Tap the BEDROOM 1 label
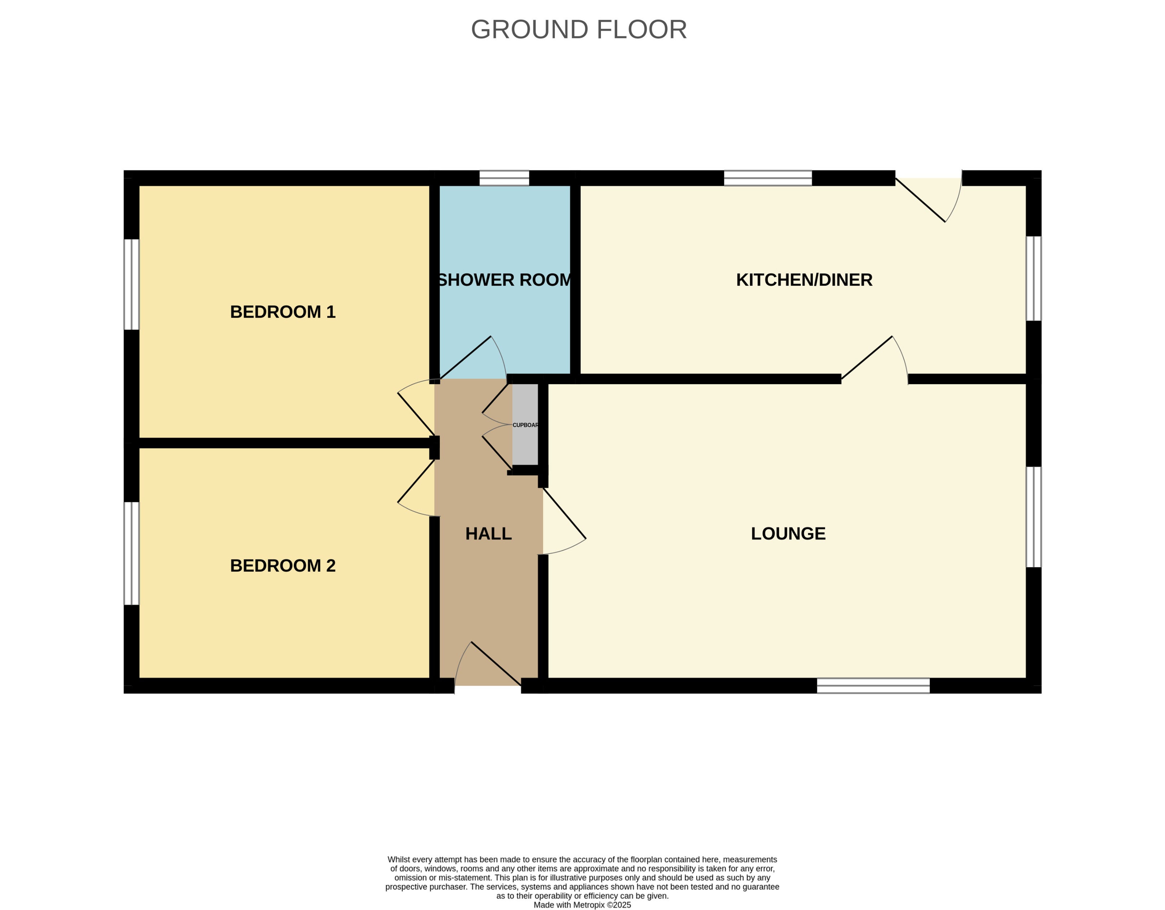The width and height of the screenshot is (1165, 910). (x=283, y=312)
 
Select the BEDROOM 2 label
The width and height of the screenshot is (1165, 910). (x=283, y=565)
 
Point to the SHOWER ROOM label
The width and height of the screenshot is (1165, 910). (x=504, y=280)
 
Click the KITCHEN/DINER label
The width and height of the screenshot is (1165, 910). (x=804, y=280)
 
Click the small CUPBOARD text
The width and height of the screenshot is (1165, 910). (x=525, y=425)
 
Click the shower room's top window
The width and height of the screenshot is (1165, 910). (x=504, y=178)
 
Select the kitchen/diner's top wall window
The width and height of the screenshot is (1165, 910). (x=768, y=178)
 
